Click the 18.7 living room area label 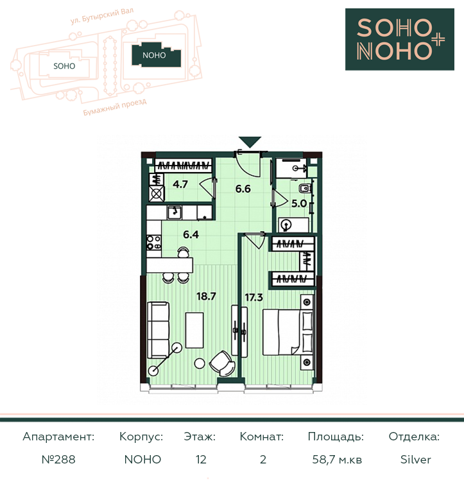coord(206,296)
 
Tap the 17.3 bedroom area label coord(253,297)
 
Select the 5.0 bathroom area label coord(299,203)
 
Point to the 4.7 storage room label coord(180,184)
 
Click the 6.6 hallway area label coord(243,189)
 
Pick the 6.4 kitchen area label coord(191,234)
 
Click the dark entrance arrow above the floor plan coord(250,142)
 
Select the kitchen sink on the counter coord(174,212)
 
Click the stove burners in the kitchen coord(154,243)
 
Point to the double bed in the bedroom coord(288,333)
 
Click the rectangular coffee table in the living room coord(194,330)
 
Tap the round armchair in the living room coord(222,363)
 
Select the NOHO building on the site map coord(156,55)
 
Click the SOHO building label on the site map coord(64,66)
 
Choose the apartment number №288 coord(58,460)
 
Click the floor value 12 coord(201,460)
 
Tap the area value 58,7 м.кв coord(337,460)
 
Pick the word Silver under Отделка coord(415,460)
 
